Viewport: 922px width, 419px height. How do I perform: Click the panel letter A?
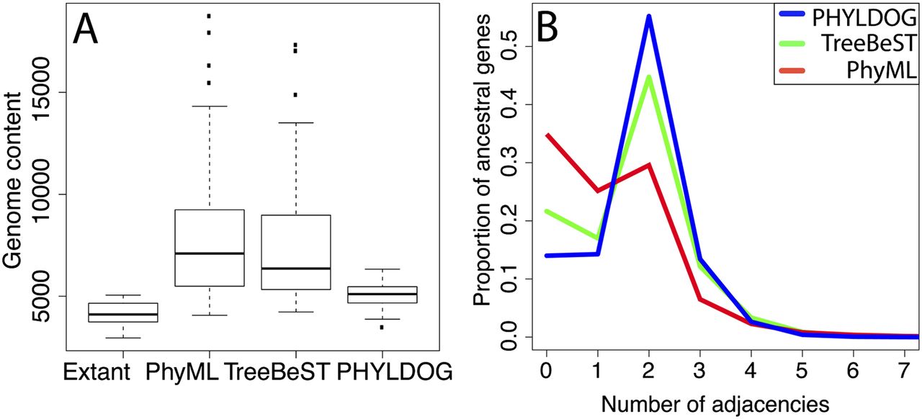[86, 32]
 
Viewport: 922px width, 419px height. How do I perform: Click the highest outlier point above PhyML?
[209, 15]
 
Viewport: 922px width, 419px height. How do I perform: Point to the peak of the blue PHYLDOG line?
[648, 17]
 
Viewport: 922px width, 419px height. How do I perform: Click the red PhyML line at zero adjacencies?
[547, 135]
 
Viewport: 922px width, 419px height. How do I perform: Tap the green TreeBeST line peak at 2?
[648, 77]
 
